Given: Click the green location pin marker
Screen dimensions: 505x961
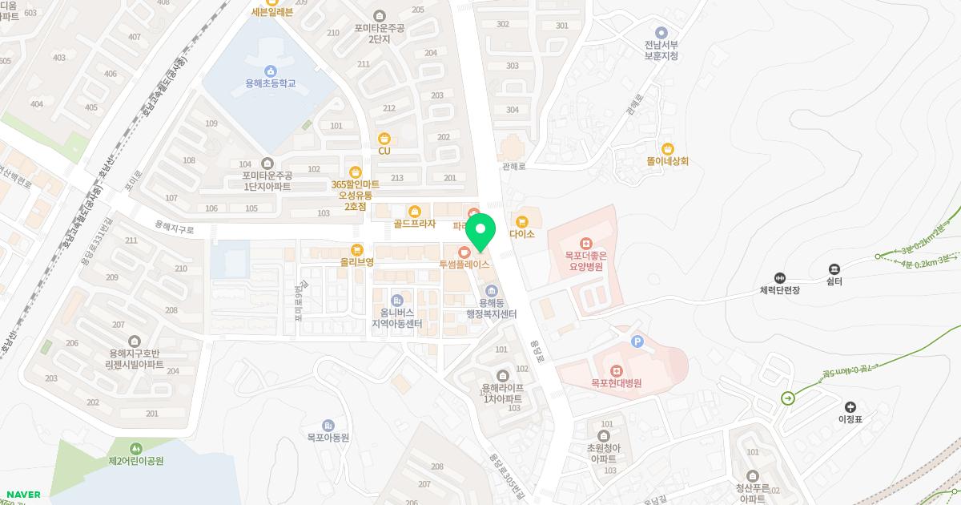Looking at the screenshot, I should (x=480, y=232).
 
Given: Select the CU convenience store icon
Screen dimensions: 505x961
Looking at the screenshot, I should (x=384, y=137).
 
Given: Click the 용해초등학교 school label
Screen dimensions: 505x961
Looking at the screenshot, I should (x=271, y=83).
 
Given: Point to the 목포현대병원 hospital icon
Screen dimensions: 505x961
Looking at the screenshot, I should (x=616, y=370).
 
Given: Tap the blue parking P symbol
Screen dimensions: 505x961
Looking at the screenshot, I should (x=637, y=342).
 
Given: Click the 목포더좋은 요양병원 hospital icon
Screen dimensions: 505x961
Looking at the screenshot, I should (x=586, y=242).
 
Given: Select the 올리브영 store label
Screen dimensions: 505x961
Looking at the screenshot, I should (x=357, y=262).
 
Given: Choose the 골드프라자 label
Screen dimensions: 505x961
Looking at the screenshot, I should (x=414, y=224).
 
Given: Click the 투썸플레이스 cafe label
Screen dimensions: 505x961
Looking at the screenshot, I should (x=464, y=264).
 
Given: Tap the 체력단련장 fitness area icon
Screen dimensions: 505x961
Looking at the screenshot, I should (x=781, y=277).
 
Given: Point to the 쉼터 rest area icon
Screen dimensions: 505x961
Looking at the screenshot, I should (x=834, y=269).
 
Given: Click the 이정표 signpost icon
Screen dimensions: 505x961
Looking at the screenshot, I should (x=850, y=407).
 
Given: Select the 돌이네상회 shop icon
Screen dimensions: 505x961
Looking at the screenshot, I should (x=668, y=148).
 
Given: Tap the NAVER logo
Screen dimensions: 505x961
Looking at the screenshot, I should (x=23, y=495).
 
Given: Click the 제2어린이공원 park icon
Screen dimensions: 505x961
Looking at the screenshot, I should (x=135, y=448).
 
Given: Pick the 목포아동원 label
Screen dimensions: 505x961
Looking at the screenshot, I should (x=328, y=438).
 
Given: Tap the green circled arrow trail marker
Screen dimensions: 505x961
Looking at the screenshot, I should (x=789, y=398).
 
